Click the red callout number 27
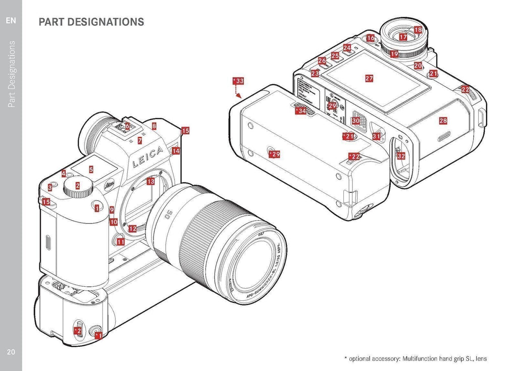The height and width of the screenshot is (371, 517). [369, 78]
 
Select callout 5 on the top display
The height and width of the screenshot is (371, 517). [91, 170]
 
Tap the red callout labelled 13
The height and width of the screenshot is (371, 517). [150, 181]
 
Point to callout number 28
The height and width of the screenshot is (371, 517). [443, 121]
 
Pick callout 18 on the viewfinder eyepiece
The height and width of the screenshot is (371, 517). [418, 30]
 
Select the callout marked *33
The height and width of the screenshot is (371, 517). [238, 81]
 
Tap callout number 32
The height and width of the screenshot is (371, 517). [401, 156]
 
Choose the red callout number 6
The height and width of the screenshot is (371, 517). [127, 126]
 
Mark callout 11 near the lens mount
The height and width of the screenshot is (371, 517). [121, 242]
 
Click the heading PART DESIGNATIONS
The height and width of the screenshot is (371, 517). [91, 22]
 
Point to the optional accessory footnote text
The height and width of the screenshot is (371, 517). [415, 358]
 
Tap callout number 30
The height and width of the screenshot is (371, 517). [355, 121]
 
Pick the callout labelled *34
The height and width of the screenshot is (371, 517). [300, 111]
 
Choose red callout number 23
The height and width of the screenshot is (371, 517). [315, 73]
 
